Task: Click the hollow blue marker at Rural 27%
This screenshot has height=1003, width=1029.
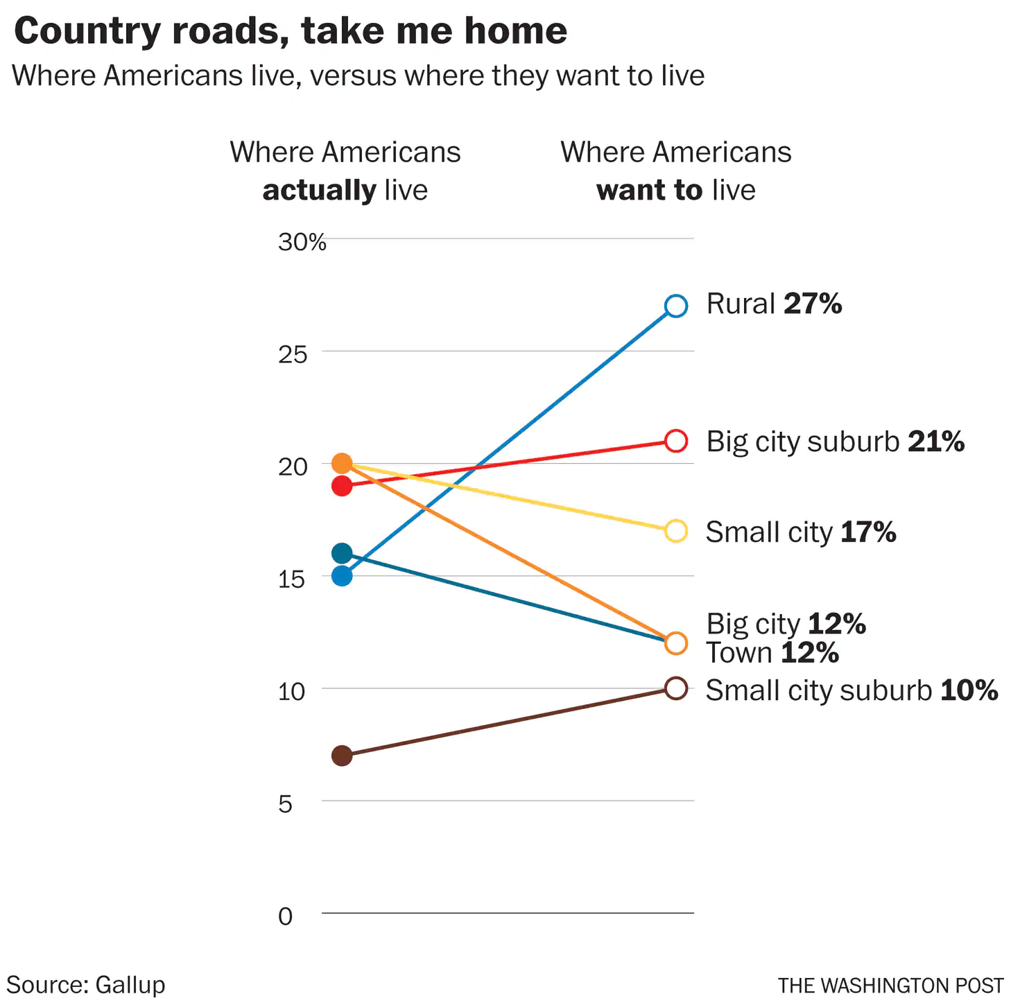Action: pyautogui.click(x=676, y=306)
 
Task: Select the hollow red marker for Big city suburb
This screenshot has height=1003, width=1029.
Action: pyautogui.click(x=676, y=441)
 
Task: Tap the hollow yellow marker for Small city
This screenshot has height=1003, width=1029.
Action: pyautogui.click(x=676, y=531)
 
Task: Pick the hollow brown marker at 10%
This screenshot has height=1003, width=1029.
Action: pyautogui.click(x=676, y=688)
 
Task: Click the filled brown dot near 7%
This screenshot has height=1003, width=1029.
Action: pyautogui.click(x=342, y=756)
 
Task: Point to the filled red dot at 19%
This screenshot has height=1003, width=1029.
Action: pyautogui.click(x=342, y=486)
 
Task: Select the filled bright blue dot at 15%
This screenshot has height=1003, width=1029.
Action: pyautogui.click(x=342, y=576)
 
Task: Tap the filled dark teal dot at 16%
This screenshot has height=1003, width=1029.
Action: pyautogui.click(x=342, y=553)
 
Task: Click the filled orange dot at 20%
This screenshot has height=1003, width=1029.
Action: pyautogui.click(x=342, y=463)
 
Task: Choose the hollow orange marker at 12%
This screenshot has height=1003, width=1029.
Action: pyautogui.click(x=676, y=643)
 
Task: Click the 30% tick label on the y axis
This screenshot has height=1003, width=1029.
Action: pyautogui.click(x=302, y=242)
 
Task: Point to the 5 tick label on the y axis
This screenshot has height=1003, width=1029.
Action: pyautogui.click(x=285, y=804)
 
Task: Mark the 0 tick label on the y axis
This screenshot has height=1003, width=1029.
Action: pyautogui.click(x=285, y=916)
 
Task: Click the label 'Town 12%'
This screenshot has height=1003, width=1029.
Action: pyautogui.click(x=772, y=653)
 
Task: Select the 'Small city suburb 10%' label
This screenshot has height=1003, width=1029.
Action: pyautogui.click(x=851, y=690)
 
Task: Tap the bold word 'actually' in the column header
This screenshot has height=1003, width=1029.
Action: pyautogui.click(x=319, y=190)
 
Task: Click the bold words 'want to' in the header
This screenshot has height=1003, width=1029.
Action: pyautogui.click(x=649, y=190)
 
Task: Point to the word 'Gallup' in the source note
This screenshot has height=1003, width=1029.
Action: pyautogui.click(x=130, y=985)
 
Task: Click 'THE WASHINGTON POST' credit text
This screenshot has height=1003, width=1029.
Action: pyautogui.click(x=890, y=986)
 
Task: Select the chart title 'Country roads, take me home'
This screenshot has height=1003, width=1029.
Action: pyautogui.click(x=291, y=31)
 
